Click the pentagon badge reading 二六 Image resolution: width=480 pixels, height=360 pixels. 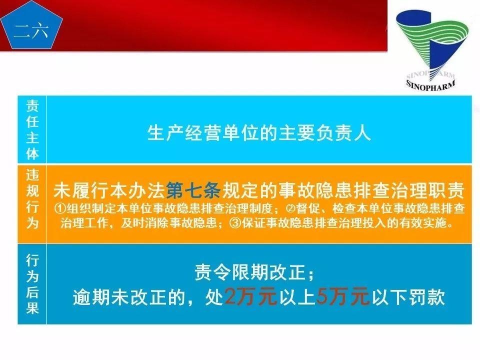[31, 30]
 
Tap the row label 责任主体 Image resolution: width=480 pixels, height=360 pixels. [32, 129]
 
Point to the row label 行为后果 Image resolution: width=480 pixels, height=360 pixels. [32, 284]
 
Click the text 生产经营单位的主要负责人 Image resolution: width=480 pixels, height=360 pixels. [259, 133]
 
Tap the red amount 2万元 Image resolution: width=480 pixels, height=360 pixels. [250, 297]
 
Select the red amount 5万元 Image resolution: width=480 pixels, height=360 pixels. [343, 297]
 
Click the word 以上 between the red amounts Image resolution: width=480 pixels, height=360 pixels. [296, 297]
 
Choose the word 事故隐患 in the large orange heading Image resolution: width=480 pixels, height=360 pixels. [314, 191]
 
